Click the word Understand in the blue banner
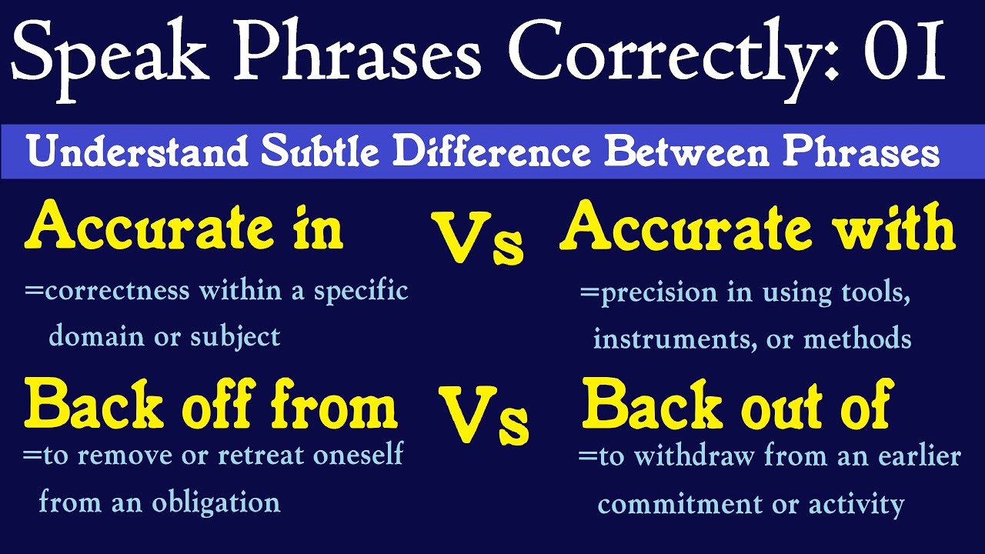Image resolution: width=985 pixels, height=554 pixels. [x=138, y=152]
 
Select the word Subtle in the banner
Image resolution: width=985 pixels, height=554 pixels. [x=322, y=152]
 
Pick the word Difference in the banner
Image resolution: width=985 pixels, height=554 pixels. [x=493, y=152]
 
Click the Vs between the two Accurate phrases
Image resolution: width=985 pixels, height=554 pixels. [x=476, y=239]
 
